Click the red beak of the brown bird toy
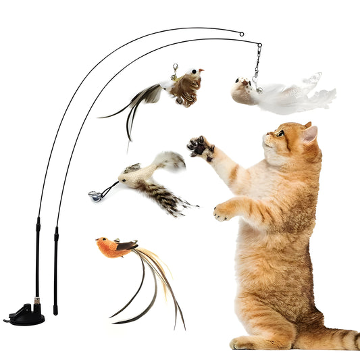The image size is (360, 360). [201, 70]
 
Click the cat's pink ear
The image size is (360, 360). [309, 134]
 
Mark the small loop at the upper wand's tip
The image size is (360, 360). [241, 33]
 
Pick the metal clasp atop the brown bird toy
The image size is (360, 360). [174, 69]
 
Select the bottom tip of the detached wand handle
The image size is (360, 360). [55, 313]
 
